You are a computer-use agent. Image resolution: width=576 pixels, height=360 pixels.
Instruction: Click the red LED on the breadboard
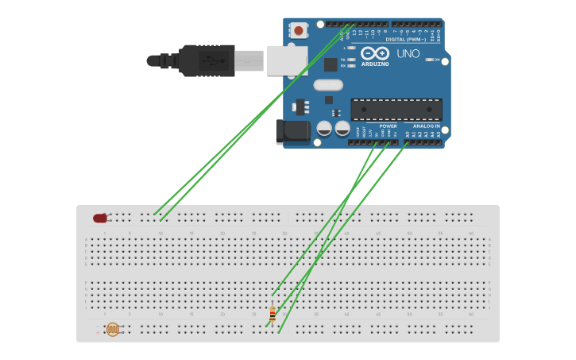click(x=100, y=218)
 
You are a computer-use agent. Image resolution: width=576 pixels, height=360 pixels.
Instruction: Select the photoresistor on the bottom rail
click(x=112, y=329)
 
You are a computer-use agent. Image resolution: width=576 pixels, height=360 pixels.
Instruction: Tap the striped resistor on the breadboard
click(x=273, y=315)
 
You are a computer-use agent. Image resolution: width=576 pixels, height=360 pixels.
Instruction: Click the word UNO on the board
click(x=408, y=54)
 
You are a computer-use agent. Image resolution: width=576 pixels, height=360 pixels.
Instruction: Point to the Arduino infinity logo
click(x=374, y=52)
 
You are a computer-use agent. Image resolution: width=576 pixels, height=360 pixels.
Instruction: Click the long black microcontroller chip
click(x=396, y=109)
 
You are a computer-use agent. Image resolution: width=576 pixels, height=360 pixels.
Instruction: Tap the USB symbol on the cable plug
click(x=210, y=60)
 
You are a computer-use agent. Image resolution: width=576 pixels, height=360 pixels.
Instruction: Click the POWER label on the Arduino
click(x=388, y=126)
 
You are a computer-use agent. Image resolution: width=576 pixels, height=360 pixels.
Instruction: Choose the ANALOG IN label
click(x=426, y=126)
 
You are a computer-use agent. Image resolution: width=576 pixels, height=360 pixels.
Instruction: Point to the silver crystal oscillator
click(x=327, y=85)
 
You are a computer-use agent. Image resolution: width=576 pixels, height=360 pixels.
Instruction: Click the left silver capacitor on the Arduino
click(x=324, y=128)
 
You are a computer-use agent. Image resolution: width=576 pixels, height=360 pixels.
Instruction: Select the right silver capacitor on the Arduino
click(x=342, y=128)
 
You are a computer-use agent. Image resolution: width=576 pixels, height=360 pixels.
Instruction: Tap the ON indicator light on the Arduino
click(x=430, y=60)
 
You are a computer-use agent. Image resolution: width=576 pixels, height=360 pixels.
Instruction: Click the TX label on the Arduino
click(x=343, y=60)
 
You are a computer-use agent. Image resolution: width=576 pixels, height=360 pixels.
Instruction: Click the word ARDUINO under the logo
click(x=375, y=64)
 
